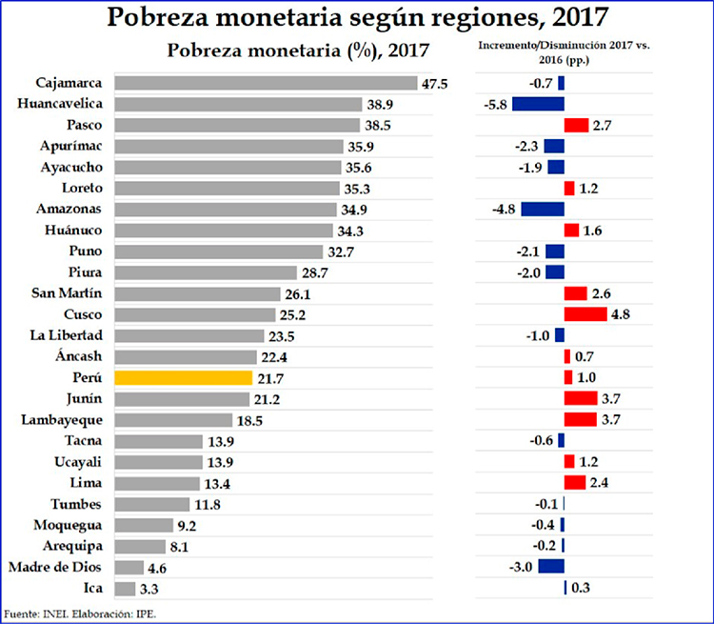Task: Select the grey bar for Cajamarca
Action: [266, 83]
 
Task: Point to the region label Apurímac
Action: [71, 146]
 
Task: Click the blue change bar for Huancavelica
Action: [538, 104]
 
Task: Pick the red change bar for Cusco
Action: [585, 314]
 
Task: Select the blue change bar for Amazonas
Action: [542, 209]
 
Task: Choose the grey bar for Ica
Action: [124, 589]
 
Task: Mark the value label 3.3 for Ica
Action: [149, 589]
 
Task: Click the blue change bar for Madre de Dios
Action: [550, 567]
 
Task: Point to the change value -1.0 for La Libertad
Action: [536, 335]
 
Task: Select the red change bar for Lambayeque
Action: [581, 419]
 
